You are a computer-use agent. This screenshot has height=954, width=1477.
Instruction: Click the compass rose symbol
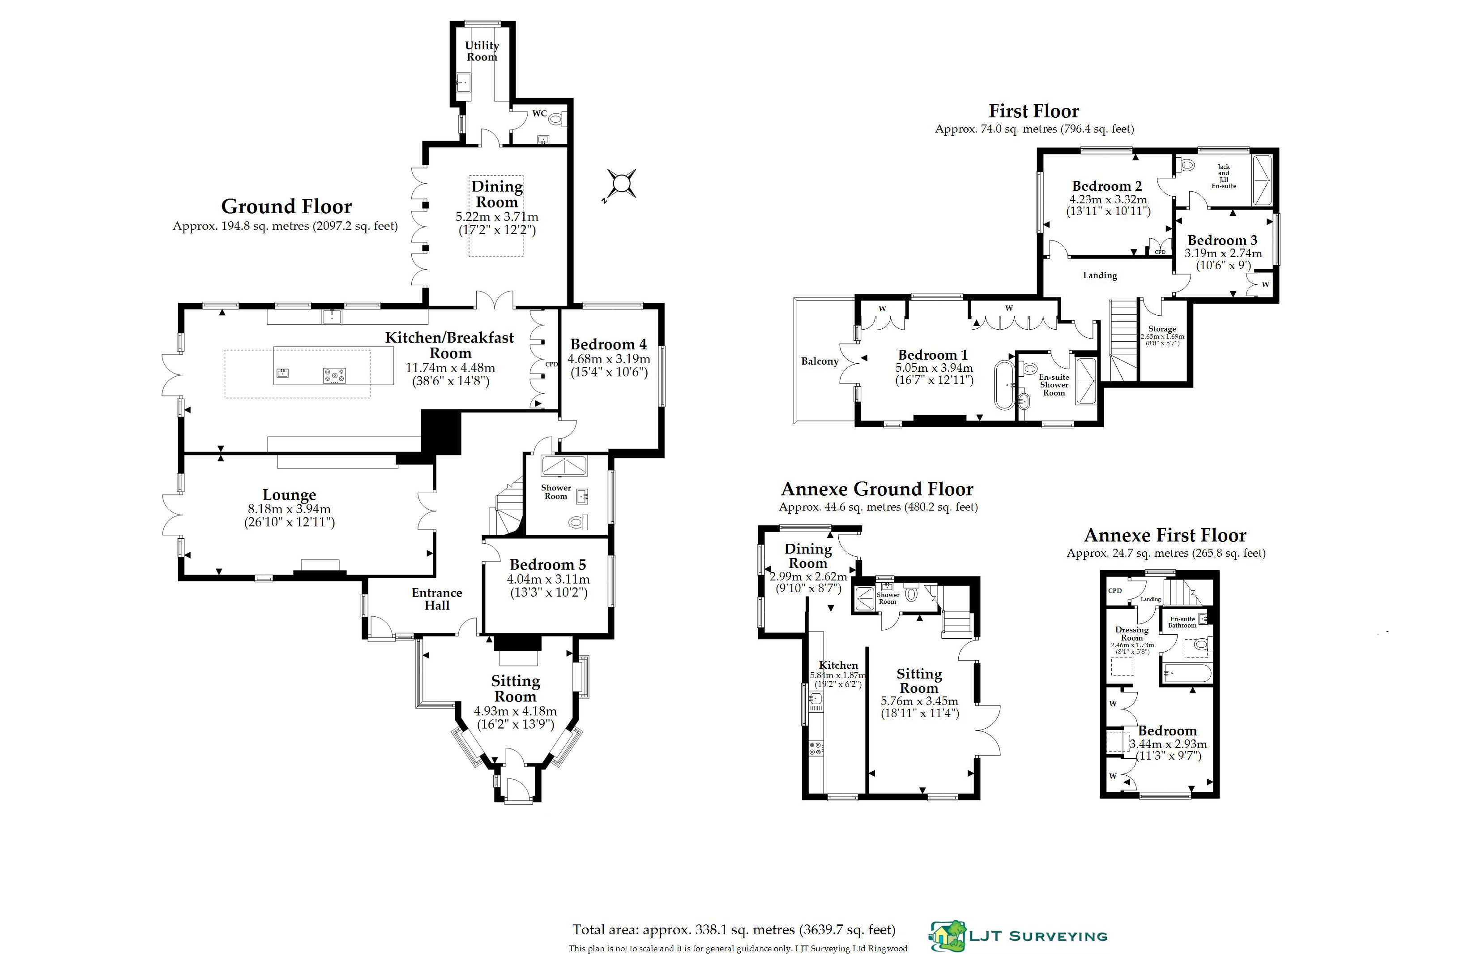[621, 184]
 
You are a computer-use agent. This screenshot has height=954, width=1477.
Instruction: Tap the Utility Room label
[482, 51]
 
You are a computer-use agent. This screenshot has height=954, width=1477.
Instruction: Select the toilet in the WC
[556, 118]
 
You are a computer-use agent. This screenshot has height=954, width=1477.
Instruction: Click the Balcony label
[820, 361]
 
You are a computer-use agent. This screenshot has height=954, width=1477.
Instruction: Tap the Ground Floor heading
[286, 206]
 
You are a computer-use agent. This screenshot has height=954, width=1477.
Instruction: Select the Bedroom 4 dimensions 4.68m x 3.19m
[609, 359]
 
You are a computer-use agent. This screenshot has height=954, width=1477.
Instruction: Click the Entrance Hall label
[437, 599]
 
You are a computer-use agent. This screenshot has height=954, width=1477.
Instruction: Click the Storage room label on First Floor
[1162, 329]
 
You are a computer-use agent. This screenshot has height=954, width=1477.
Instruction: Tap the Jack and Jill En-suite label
[1224, 176]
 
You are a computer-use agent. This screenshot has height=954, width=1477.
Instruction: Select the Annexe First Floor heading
[1165, 535]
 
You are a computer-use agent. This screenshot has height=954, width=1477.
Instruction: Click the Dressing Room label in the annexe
[1131, 634]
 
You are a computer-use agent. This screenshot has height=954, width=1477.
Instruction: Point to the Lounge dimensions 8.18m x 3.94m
[289, 509]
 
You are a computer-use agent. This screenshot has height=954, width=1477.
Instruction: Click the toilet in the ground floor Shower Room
[577, 523]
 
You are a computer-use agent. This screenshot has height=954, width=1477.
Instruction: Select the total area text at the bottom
[734, 930]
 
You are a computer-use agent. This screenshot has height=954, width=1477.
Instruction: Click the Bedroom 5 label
[548, 564]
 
